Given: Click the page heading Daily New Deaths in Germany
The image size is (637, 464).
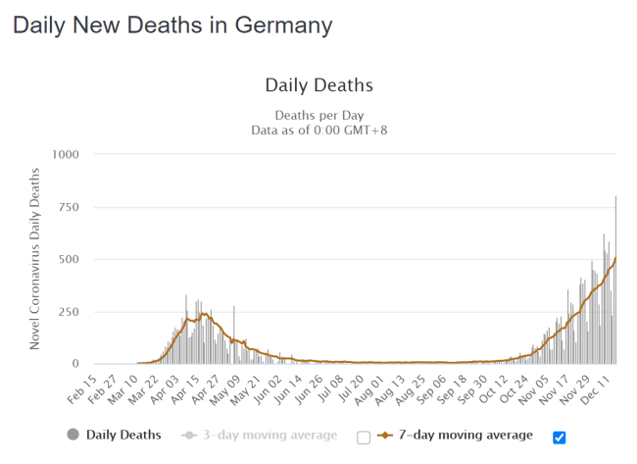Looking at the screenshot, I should tap(172, 25).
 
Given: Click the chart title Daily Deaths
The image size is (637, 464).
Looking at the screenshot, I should tap(319, 85).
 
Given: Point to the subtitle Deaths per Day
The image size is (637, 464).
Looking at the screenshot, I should tap(319, 114).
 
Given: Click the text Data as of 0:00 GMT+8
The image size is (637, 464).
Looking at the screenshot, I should tap(319, 129).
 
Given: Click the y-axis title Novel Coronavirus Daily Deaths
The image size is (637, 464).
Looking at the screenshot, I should tap(36, 259).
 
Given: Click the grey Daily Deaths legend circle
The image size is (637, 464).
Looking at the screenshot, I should tap(73, 435).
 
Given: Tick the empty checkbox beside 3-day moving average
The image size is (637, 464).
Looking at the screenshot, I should tap(364, 437).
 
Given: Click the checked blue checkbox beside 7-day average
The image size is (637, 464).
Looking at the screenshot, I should tap(560, 437).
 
